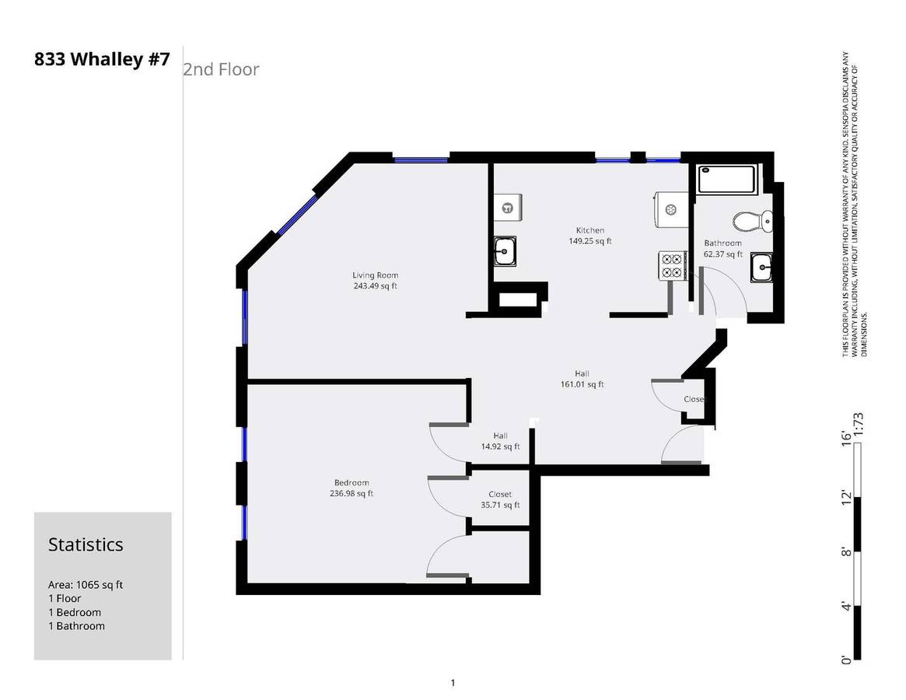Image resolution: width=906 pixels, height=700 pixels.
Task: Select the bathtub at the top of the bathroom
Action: click(727, 180)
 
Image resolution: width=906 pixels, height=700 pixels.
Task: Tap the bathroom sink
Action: click(762, 268)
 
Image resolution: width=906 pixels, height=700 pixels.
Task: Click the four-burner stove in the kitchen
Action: click(672, 266)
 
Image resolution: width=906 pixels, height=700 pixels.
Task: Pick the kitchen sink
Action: click(505, 251)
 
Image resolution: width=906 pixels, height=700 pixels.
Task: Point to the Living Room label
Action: click(375, 275)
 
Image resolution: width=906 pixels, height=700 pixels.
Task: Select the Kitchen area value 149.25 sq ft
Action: click(590, 241)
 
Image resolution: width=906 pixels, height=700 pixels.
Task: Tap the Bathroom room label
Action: click(722, 243)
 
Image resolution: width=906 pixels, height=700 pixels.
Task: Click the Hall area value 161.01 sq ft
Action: click(582, 384)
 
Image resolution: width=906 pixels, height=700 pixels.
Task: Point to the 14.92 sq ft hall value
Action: click(500, 446)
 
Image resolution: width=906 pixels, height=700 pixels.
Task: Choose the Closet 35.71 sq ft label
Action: click(500, 499)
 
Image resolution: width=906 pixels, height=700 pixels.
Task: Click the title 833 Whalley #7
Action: click(103, 60)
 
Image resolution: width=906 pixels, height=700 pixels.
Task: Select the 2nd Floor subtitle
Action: click(221, 69)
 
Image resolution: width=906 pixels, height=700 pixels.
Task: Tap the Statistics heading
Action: click(86, 544)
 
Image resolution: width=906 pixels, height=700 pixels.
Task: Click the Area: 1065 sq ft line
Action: click(86, 584)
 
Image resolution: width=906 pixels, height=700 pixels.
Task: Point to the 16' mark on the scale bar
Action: click(846, 438)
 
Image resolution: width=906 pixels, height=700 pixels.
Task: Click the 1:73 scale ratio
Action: click(858, 425)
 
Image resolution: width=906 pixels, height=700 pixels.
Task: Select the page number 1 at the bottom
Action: click(453, 683)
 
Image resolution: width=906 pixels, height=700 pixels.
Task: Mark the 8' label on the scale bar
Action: click(846, 551)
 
